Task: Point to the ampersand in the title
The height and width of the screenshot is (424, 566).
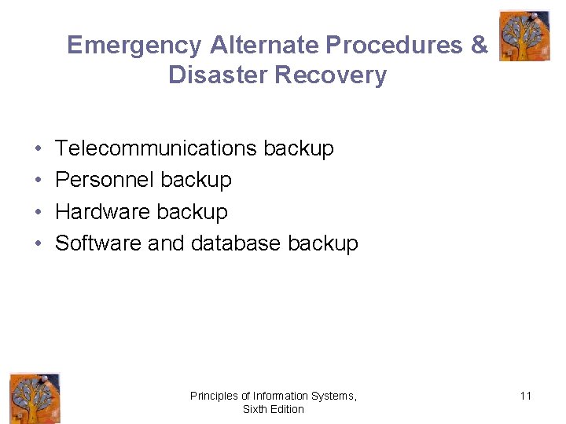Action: click(480, 45)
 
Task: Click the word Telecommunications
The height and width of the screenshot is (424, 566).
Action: click(156, 148)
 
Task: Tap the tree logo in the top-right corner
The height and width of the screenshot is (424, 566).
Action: click(524, 35)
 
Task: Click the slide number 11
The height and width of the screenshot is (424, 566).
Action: click(525, 396)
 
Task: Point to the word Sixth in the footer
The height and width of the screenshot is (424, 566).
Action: click(254, 409)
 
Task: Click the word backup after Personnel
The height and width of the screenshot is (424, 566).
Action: click(196, 180)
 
